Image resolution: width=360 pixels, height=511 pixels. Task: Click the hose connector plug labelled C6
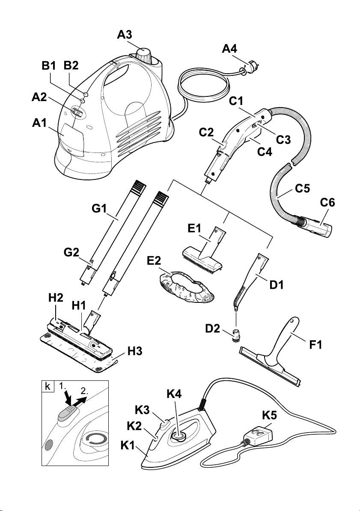[318, 227]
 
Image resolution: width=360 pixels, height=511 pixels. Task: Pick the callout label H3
[135, 351]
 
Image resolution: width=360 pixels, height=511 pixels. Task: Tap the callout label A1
[40, 124]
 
